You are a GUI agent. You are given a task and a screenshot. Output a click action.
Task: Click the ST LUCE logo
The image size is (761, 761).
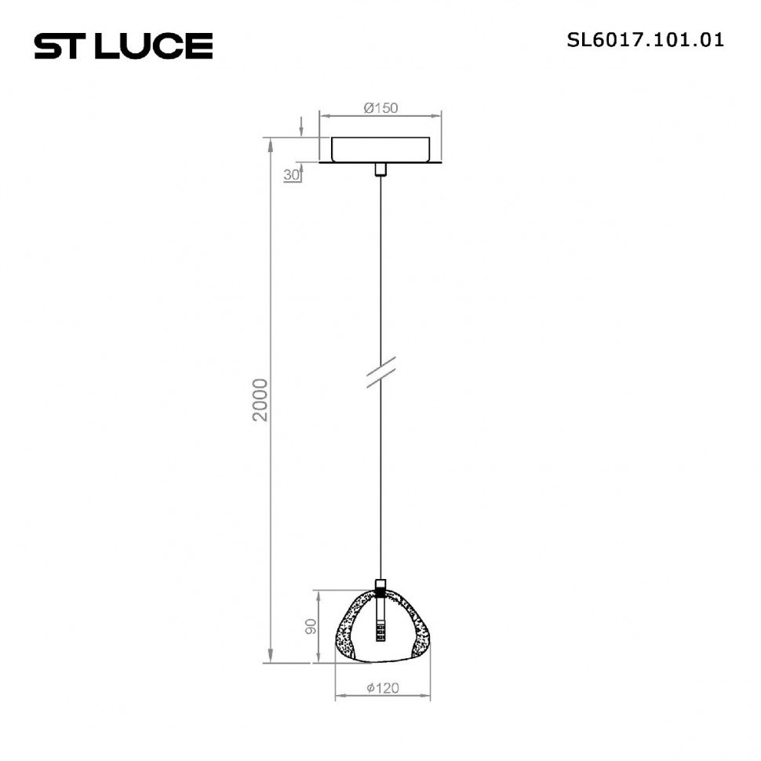point(123,46)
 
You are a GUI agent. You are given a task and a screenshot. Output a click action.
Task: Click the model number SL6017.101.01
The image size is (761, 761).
point(645,40)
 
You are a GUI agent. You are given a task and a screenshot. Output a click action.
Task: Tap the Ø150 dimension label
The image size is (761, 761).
point(380,108)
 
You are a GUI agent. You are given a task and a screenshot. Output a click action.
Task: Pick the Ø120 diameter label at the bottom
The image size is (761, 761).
point(383,688)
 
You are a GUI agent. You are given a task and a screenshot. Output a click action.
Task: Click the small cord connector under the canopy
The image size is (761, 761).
point(380,170)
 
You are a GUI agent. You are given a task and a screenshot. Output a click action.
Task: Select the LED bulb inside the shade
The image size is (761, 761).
point(380,628)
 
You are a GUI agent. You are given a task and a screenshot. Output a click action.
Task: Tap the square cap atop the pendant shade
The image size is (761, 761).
point(380,586)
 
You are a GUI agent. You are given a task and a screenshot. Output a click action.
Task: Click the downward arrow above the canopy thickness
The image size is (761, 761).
point(302,130)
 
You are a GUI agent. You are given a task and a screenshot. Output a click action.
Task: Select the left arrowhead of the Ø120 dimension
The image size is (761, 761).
point(339,696)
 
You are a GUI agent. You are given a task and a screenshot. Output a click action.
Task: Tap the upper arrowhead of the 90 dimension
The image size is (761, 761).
point(318,593)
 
